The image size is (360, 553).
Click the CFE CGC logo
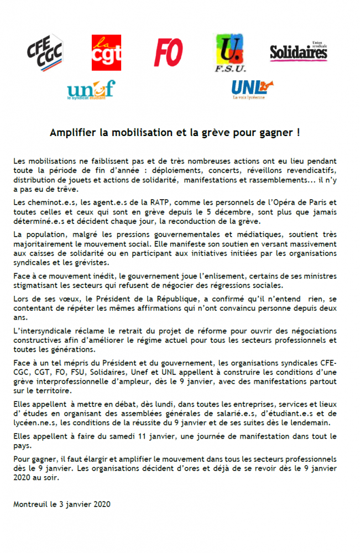click(45, 53)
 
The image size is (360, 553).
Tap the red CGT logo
click(106, 53)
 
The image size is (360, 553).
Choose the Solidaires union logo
click(299, 52)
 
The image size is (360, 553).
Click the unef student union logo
click(91, 89)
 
